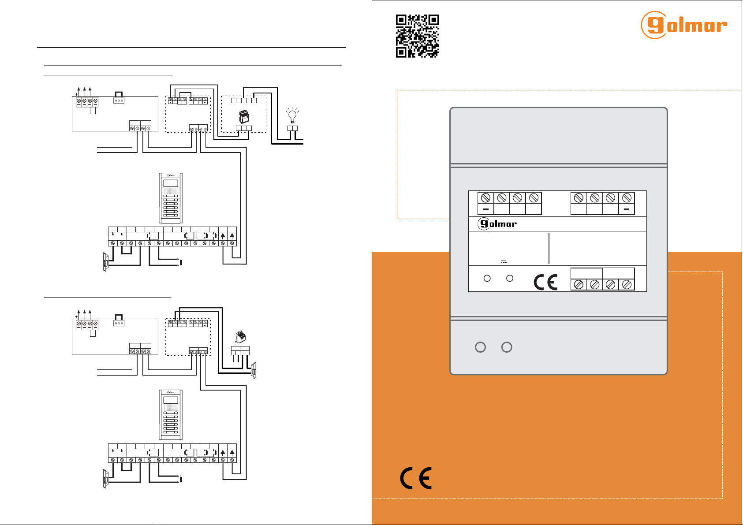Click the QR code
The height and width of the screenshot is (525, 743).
[x=417, y=36]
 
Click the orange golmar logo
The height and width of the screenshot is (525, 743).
[x=683, y=25]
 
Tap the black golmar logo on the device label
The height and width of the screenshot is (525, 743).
[x=497, y=224]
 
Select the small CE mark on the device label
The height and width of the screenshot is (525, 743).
[x=545, y=282]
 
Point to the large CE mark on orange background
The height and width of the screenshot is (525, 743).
[x=416, y=478]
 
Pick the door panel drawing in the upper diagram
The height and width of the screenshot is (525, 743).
[x=170, y=198]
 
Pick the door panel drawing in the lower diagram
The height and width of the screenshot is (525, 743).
[x=170, y=414]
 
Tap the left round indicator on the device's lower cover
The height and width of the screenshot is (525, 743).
[x=480, y=347]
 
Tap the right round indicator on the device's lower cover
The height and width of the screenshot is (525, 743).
[x=507, y=347]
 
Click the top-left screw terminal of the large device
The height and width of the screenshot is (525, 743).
[x=485, y=198]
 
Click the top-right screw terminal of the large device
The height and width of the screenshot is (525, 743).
[x=627, y=198]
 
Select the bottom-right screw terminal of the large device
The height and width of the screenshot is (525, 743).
[x=627, y=285]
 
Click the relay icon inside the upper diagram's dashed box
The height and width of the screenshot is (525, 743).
[x=243, y=117]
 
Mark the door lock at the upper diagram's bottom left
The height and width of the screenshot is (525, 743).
[x=105, y=262]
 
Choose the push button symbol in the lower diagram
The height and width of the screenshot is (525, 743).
[x=180, y=479]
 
